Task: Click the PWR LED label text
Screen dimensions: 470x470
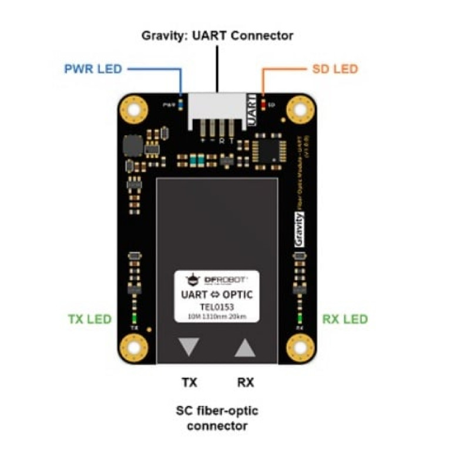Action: click(93, 69)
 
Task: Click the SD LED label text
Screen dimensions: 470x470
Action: click(333, 69)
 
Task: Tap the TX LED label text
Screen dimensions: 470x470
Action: click(89, 320)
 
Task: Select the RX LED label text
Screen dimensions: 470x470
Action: click(345, 320)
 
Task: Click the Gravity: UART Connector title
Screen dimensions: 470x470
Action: click(217, 35)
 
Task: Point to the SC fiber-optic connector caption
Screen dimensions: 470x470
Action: click(217, 418)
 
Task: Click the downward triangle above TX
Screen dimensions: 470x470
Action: click(189, 347)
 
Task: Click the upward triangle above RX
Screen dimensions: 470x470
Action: click(245, 347)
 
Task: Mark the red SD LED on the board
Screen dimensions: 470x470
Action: click(263, 104)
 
